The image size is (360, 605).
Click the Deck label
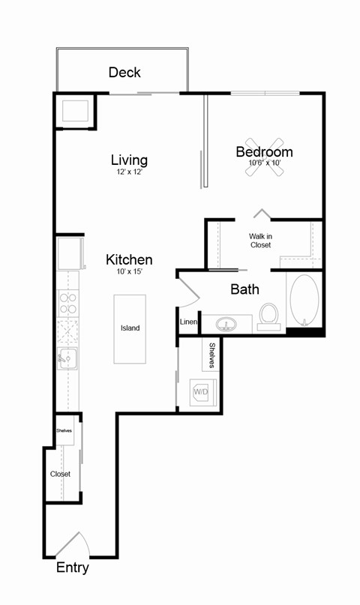point(124,73)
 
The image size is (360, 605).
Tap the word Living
point(129,160)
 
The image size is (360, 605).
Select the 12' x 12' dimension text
point(129,172)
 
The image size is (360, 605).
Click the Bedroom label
point(264,151)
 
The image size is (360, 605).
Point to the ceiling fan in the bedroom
point(264,157)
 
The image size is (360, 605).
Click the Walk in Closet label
point(260,240)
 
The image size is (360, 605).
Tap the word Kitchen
point(129,259)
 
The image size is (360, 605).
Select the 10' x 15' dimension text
point(129,272)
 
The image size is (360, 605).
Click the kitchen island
point(130,328)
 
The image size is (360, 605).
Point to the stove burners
point(68,303)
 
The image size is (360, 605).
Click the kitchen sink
point(68,359)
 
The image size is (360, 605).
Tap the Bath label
point(244,289)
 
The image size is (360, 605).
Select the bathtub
point(304,301)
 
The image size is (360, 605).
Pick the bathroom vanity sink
point(226,325)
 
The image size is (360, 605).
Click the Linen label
point(188,322)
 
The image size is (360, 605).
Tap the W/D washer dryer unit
point(201,391)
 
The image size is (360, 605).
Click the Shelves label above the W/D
point(212,355)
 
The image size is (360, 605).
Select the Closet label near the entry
point(60,474)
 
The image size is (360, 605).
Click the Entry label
point(73,568)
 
